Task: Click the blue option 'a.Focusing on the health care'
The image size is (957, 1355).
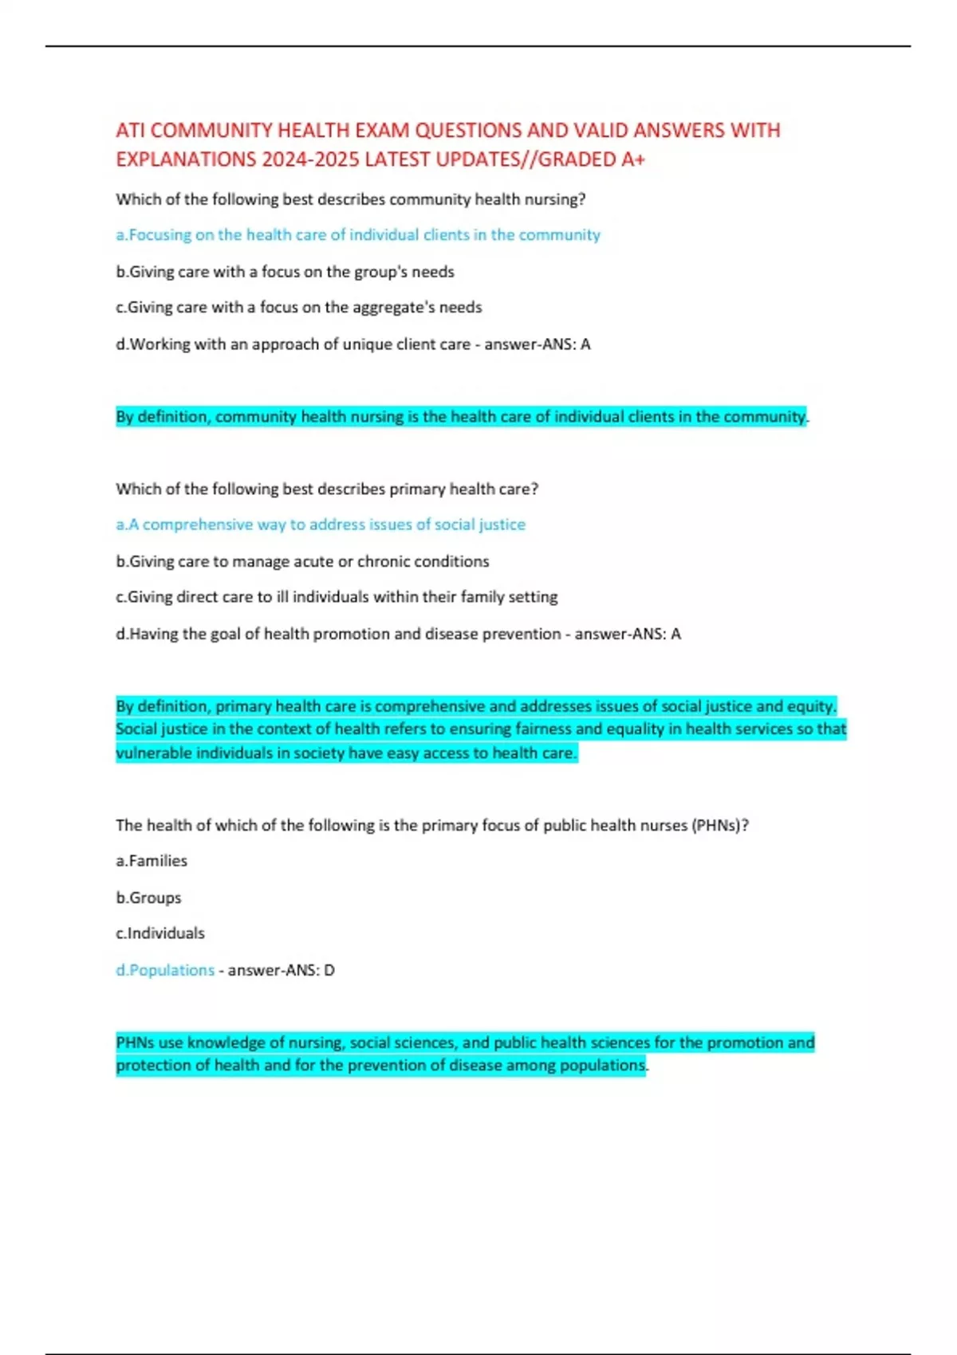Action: coord(358,235)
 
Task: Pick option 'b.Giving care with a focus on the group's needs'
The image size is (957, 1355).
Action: coord(285,272)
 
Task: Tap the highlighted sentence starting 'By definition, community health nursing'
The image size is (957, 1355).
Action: coord(461,417)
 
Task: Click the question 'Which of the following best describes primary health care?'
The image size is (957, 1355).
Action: coord(327,489)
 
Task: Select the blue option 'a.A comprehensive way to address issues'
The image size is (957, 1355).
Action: coord(321,524)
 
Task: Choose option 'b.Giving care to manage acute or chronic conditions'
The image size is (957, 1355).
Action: coord(302,561)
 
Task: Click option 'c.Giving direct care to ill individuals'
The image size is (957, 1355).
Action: coord(337,597)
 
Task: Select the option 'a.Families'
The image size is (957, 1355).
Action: coord(152,861)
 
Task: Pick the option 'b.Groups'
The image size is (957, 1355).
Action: coord(148,897)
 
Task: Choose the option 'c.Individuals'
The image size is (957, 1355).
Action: coord(160,933)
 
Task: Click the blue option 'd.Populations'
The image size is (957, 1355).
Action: coord(165,970)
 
